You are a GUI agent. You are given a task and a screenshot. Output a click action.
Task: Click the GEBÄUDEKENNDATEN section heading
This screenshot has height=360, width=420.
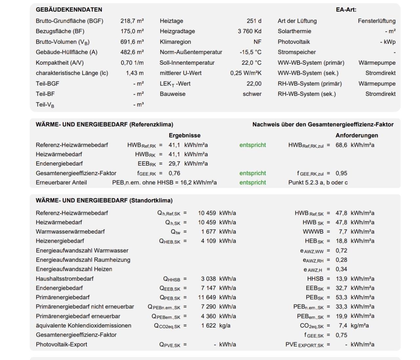click(69, 10)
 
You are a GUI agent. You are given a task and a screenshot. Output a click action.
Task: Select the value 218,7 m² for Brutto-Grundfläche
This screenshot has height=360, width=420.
click(132, 21)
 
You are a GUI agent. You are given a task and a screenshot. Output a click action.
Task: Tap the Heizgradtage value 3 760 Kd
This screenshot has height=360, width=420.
click(249, 31)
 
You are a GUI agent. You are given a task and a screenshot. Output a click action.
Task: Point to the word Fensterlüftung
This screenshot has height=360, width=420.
click(376, 21)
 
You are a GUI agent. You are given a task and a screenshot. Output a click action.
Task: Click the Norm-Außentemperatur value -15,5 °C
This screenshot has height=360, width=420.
click(250, 52)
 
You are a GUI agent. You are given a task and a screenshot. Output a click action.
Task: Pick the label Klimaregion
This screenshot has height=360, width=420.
click(175, 42)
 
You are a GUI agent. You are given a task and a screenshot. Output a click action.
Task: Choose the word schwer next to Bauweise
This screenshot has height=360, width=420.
click(252, 94)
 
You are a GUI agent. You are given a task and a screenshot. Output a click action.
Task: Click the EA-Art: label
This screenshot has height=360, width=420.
click(346, 10)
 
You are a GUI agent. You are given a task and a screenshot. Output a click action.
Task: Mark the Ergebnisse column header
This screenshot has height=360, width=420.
click(184, 135)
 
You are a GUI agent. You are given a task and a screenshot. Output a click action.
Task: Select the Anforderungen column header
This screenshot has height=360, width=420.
click(357, 135)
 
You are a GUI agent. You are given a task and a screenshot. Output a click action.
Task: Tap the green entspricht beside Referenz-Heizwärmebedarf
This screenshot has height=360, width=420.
click(253, 145)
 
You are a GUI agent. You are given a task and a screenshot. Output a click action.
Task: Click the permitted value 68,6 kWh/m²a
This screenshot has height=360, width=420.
click(355, 145)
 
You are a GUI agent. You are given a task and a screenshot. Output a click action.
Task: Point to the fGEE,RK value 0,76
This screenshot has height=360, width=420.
click(174, 173)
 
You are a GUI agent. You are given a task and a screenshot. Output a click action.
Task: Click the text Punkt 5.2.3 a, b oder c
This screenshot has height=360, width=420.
click(318, 183)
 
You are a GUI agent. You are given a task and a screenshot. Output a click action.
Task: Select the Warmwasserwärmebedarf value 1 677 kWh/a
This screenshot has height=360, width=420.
click(218, 232)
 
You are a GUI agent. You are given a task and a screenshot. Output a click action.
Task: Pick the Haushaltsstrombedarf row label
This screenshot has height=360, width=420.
click(65, 279)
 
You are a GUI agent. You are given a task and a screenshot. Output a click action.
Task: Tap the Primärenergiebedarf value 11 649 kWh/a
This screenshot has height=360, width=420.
click(217, 297)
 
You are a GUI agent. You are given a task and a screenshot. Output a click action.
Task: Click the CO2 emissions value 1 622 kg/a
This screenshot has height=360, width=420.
click(216, 326)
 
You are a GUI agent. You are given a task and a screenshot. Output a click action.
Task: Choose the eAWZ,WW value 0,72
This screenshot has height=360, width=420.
click(341, 251)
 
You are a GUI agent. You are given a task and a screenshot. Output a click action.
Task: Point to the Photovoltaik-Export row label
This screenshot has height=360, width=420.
click(61, 345)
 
